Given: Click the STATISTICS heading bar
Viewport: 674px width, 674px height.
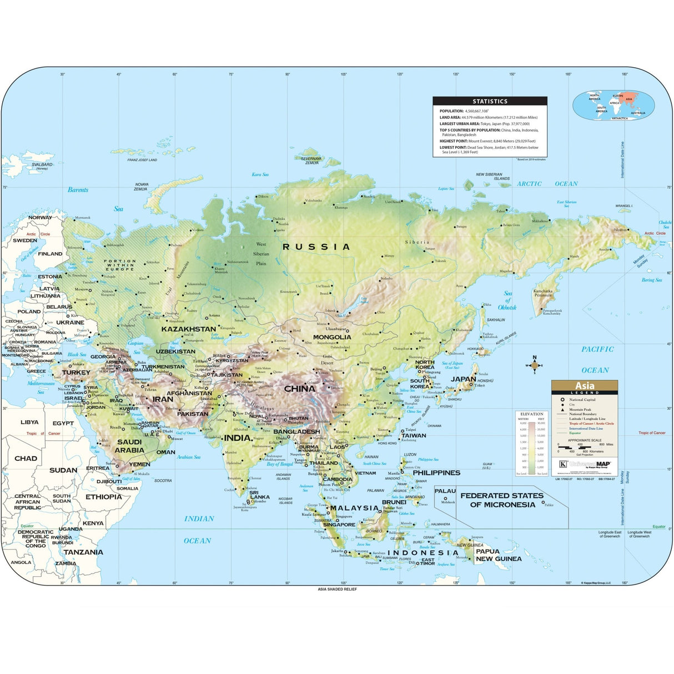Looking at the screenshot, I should coord(490,101).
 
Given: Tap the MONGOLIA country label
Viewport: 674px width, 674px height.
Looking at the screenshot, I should coord(332,337).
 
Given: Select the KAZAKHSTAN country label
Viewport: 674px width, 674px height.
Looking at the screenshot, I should coord(189,329).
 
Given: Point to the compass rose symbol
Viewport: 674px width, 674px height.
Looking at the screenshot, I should coord(534,365).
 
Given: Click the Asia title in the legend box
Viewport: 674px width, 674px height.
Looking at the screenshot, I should coord(584,386).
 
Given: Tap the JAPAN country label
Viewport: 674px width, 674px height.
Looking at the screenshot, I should coord(464,379).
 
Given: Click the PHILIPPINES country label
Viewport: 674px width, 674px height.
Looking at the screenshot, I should coord(436,472).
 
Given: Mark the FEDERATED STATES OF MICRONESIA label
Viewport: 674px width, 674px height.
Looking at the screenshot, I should coord(502,500).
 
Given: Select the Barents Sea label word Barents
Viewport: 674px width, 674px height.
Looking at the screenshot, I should coord(78,190).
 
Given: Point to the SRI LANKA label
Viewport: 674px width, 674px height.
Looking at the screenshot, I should coord(259,495).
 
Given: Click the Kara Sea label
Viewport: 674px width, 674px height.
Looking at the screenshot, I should coord(260,174).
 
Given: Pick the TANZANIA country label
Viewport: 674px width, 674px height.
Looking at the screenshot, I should coord(83,552).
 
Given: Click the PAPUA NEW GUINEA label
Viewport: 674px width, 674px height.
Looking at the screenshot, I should coord(498,555).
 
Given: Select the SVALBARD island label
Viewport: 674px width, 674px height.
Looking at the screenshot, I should coord(42,165).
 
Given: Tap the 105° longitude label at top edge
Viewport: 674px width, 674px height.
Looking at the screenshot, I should coord(344,74).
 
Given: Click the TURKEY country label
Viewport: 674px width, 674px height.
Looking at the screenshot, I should coord(76,373).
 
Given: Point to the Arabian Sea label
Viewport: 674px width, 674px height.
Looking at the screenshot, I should coord(188,457).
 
